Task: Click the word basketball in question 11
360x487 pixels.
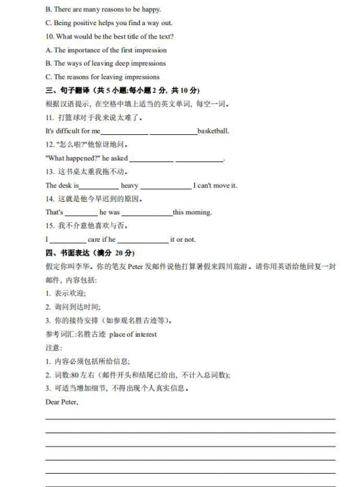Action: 213,131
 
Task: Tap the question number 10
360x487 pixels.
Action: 49,36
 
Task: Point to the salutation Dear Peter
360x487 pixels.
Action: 62,402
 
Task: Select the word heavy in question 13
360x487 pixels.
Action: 129,185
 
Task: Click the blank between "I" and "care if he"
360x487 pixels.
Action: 67,240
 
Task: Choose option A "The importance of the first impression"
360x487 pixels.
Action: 110,50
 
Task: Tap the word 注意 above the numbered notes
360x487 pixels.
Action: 54,347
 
